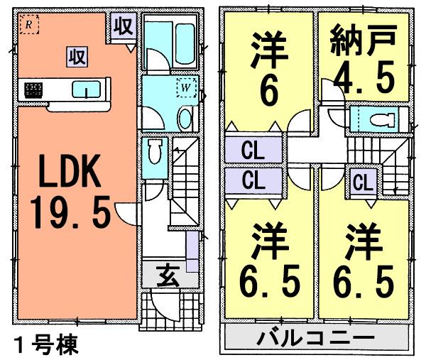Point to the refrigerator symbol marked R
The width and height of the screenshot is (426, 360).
pos(28,25)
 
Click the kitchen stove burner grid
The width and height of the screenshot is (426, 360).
pos(33,89)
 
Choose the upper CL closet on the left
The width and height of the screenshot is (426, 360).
pos(250,151)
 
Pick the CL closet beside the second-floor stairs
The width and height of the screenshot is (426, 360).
pos(362,182)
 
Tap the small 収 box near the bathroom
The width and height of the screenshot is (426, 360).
pos(122,28)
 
